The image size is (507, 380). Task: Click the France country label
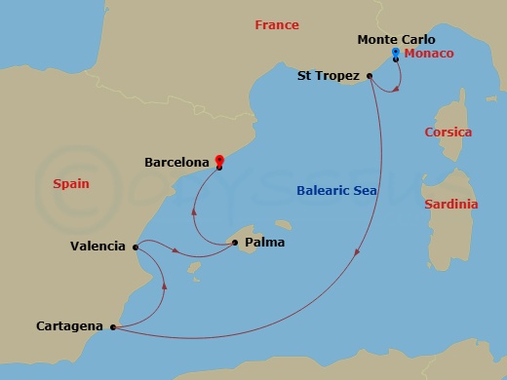pos(277,25)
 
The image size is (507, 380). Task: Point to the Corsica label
pos(448,132)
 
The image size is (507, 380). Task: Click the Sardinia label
pos(451,205)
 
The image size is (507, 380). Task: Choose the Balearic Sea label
pos(336,192)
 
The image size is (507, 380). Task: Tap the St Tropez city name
pos(329,74)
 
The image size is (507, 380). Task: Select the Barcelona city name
pos(176,163)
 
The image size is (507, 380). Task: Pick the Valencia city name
pos(97,247)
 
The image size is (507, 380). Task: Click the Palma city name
pos(265,244)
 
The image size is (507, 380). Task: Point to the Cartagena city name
pos(69,326)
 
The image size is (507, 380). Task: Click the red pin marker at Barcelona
pos(219,161)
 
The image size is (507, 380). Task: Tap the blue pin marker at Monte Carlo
pos(395,52)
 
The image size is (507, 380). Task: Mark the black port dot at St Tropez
pos(370,75)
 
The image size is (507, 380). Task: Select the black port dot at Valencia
pos(134,247)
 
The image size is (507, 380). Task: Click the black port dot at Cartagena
pos(114,327)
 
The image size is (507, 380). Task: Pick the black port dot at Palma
pos(235,244)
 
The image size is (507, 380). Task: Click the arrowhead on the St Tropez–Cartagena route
pos(358,252)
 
